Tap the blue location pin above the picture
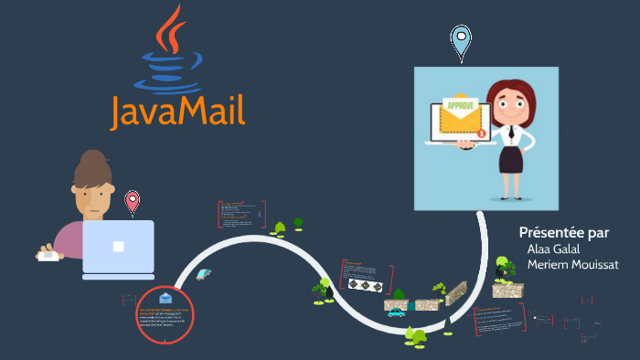pyautogui.click(x=461, y=41)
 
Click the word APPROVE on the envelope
pyautogui.click(x=461, y=105)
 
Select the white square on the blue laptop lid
pyautogui.click(x=118, y=246)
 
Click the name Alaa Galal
pyautogui.click(x=554, y=249)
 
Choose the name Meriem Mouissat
pyautogui.click(x=573, y=265)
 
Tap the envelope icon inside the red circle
pyautogui.click(x=165, y=299)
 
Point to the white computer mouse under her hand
pyautogui.click(x=48, y=256)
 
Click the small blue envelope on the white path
pyautogui.click(x=203, y=275)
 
